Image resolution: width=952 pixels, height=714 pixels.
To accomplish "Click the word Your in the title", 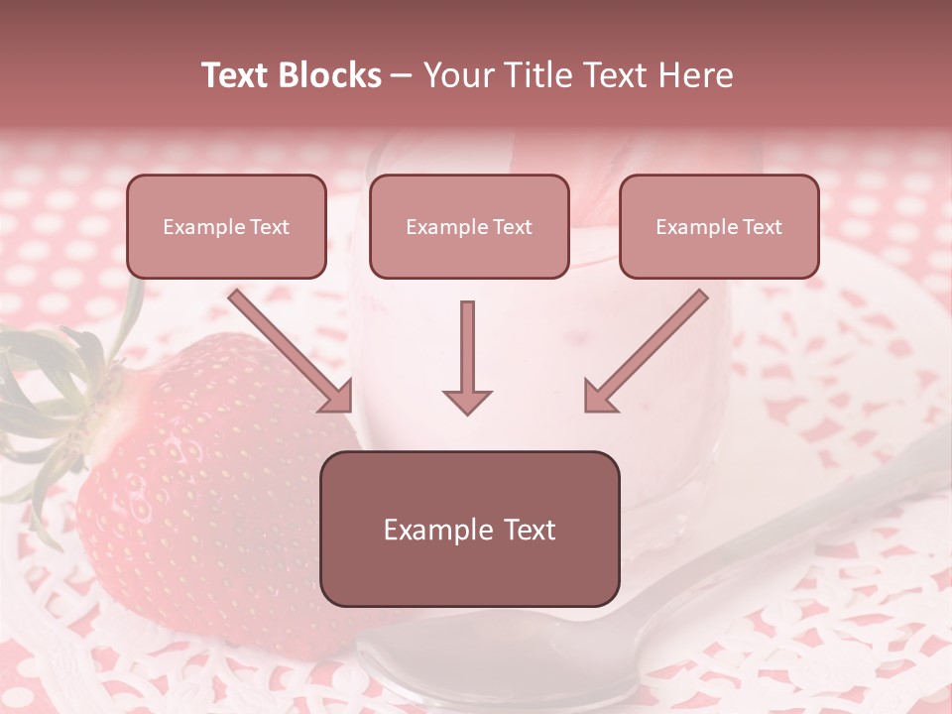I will click(x=458, y=75).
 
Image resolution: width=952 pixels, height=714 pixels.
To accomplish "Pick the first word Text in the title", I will click(x=237, y=75).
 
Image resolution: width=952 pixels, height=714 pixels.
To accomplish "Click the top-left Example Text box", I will click(x=226, y=227).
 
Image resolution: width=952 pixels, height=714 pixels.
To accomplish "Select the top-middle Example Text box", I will click(x=469, y=227).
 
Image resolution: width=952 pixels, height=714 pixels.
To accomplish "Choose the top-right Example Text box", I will click(x=719, y=227).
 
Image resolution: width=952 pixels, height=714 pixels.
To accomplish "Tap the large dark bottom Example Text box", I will click(x=469, y=529).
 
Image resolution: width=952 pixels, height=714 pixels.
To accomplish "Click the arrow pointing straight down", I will click(x=467, y=352).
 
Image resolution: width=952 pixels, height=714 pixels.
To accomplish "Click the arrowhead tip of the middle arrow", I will click(x=467, y=411).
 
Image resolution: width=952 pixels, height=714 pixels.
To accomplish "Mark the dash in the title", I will click(x=402, y=76).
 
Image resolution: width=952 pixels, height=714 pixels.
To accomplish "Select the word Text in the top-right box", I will click(x=762, y=227).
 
